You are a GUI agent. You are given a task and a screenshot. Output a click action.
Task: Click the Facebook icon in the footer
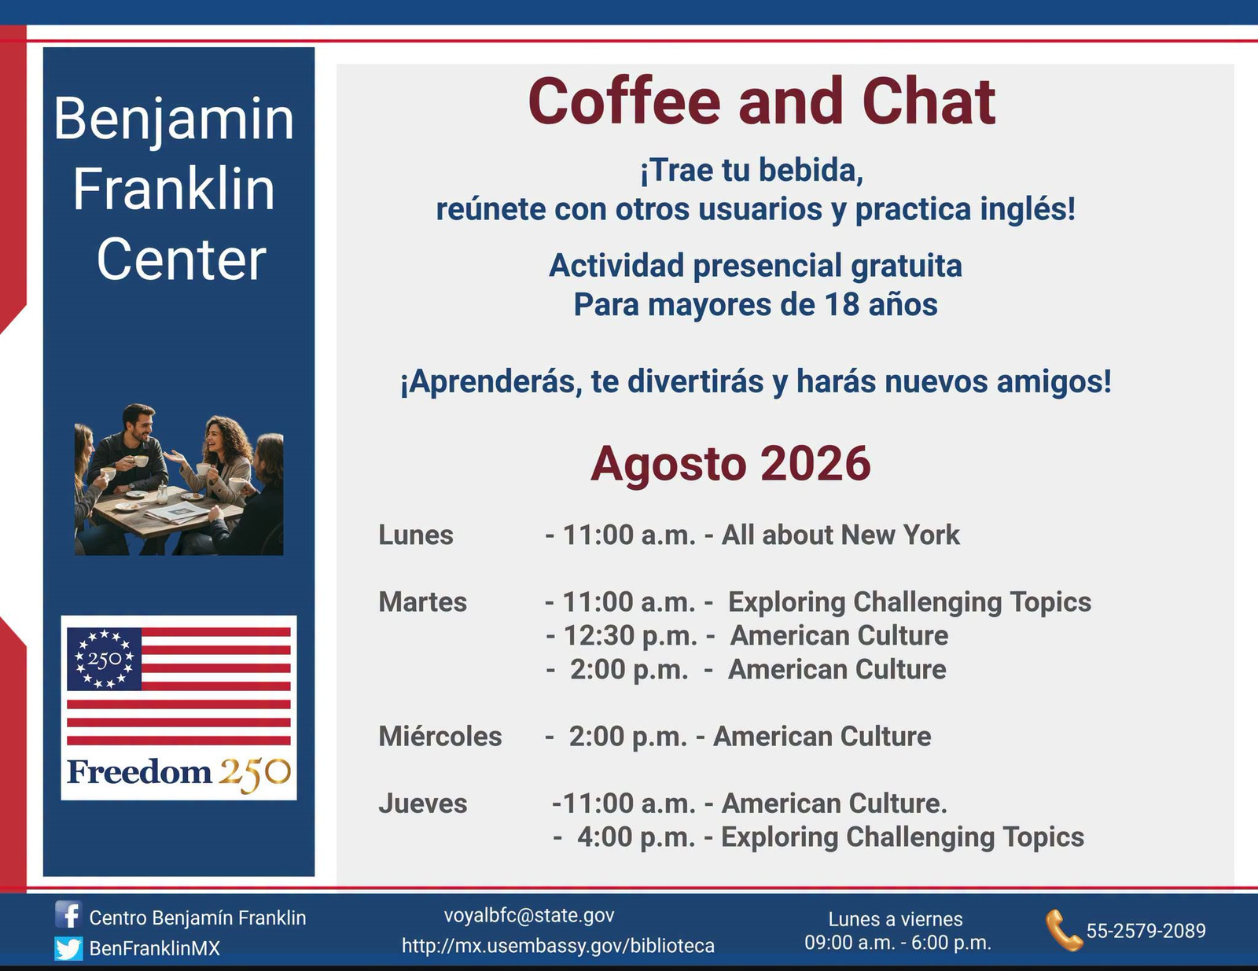coord(68,915)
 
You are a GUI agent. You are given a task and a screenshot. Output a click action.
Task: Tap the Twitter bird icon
coord(68,948)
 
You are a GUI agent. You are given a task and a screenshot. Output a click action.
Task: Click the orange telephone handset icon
coord(1064,930)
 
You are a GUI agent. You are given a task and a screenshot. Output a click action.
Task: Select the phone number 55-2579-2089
coord(1146,930)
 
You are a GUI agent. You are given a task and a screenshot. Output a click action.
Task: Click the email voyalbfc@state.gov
coord(529,915)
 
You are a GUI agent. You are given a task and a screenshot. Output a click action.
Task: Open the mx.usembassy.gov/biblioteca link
coord(558,946)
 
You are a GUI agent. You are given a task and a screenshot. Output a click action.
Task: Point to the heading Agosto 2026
coord(730,464)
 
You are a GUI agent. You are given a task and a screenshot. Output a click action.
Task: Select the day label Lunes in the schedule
coord(416,535)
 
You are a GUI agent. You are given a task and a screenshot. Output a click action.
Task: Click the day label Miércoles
coord(440,736)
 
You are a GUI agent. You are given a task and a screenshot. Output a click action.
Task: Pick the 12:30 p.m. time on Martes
coord(630,635)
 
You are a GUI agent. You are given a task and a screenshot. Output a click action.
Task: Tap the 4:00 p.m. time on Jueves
coord(635,837)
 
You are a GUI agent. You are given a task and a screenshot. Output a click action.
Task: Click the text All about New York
coord(841,535)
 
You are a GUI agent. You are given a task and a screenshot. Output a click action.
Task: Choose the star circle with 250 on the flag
coord(105,659)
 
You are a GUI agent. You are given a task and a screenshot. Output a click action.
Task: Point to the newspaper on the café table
coord(176,512)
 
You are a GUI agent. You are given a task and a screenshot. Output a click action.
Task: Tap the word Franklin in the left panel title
coord(174,189)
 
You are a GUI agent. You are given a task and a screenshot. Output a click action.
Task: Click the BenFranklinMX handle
coord(155,948)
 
